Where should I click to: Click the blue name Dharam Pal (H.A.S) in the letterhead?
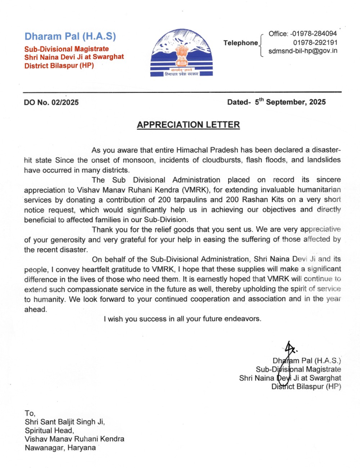pos(70,36)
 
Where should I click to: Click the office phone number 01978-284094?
pos(314,33)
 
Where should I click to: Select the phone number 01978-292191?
pos(315,42)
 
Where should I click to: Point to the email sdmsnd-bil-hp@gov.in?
pos(303,51)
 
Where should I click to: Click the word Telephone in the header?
pos(240,43)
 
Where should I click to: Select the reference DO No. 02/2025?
pos(51,102)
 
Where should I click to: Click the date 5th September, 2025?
pos(290,102)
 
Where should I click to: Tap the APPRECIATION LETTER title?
pos(188,125)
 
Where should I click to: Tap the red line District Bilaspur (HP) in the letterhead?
pos(59,66)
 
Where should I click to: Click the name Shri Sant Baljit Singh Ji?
pos(65,422)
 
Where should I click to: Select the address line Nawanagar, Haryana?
pos(60,448)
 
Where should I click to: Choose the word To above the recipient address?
pos(30,413)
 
